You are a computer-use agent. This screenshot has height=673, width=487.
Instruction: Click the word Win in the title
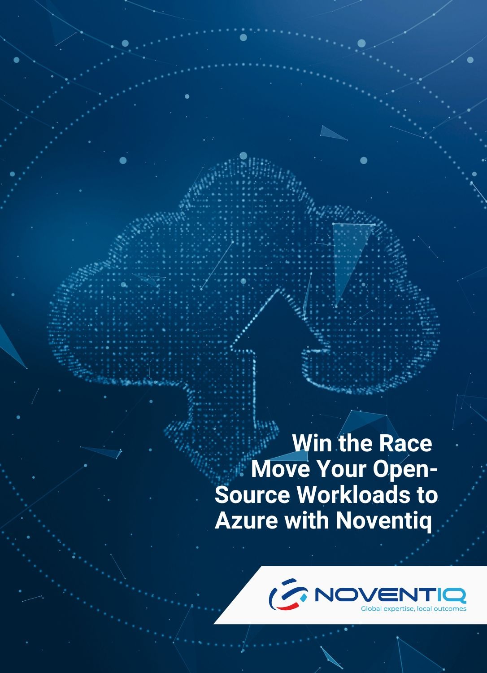[x=312, y=443]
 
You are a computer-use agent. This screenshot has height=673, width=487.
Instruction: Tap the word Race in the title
[x=405, y=443]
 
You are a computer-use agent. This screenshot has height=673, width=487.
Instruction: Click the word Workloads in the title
[x=353, y=495]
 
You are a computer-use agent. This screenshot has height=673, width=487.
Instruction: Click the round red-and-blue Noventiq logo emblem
[x=288, y=594]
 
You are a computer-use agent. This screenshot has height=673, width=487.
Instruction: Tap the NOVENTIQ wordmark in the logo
[x=390, y=595]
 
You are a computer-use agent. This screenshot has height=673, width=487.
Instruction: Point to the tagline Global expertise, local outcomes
[x=413, y=609]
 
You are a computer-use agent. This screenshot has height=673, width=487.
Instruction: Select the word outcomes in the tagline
[x=451, y=609]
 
